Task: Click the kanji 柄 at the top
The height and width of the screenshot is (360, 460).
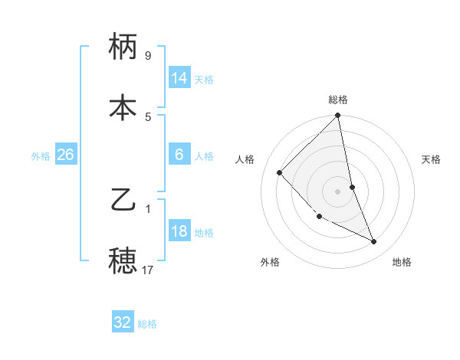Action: click(123, 48)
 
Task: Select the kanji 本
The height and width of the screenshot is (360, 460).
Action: click(123, 108)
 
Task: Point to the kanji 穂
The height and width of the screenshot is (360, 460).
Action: click(123, 261)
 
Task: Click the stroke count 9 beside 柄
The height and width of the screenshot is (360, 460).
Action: click(148, 56)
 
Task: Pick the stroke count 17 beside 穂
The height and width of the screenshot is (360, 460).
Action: click(148, 270)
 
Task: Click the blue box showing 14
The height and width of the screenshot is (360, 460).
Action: click(179, 78)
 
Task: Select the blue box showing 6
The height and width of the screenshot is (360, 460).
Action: click(179, 155)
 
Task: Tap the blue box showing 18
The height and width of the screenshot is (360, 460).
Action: click(179, 231)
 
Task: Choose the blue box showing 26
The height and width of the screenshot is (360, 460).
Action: click(65, 155)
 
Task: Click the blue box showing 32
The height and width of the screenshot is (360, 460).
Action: click(123, 322)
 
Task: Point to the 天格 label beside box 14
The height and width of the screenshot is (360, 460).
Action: click(204, 80)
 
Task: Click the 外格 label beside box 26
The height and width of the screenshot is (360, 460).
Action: click(41, 156)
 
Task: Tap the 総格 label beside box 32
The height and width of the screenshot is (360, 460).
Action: click(147, 324)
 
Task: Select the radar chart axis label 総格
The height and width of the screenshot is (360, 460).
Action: click(338, 100)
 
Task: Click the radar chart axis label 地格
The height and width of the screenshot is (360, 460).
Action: click(402, 263)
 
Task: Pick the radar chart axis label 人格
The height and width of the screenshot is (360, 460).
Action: click(245, 159)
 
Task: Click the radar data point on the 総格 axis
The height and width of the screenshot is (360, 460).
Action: click(338, 116)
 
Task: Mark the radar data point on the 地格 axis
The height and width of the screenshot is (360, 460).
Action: click(374, 242)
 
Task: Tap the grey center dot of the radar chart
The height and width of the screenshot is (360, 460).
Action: click(338, 191)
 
